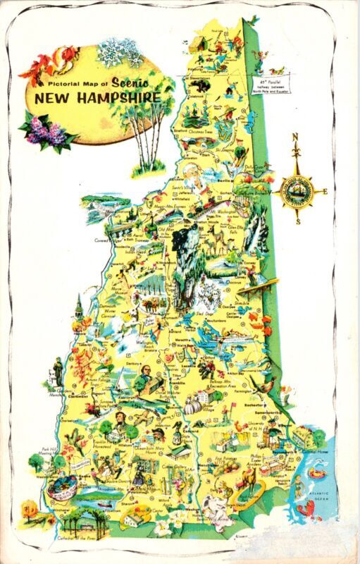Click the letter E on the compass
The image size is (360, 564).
(325, 191)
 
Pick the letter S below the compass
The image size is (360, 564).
(298, 221)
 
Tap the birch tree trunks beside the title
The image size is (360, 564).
(149, 141)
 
